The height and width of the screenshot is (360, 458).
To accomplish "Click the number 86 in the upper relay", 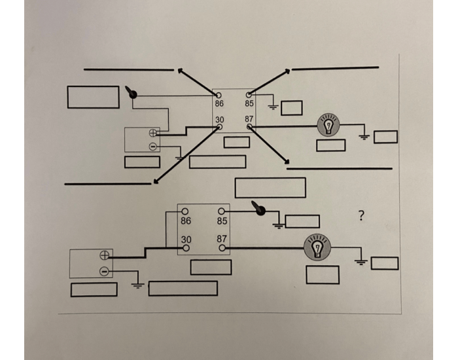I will click(220, 103).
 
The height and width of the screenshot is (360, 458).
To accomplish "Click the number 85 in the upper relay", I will click(249, 103).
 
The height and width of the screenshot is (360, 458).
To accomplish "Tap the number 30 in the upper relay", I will click(220, 119).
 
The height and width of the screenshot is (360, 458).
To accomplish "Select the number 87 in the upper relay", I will click(249, 119).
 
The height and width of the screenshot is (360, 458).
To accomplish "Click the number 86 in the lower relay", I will click(186, 221).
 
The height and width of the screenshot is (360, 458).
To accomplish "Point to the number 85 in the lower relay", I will click(222, 221).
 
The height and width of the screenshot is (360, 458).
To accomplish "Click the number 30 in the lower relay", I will click(186, 240).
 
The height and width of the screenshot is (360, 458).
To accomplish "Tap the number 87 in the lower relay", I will click(222, 240).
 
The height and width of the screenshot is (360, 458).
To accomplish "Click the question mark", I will click(361, 215).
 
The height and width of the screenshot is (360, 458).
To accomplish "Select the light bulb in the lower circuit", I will click(317, 248).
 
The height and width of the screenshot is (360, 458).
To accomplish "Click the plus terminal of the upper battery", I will click(152, 132).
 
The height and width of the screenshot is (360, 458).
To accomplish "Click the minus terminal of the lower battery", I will click(103, 271).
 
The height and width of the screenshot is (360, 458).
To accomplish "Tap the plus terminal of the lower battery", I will click(103, 255).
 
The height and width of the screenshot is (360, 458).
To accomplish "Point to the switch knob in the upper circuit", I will click(133, 94).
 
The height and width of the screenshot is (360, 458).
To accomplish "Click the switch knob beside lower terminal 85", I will click(260, 211).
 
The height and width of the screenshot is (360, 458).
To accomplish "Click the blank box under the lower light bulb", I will click(322, 275).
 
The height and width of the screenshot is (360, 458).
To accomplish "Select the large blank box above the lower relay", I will click(270, 187).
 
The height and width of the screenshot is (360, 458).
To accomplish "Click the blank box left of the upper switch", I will click(93, 97).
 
